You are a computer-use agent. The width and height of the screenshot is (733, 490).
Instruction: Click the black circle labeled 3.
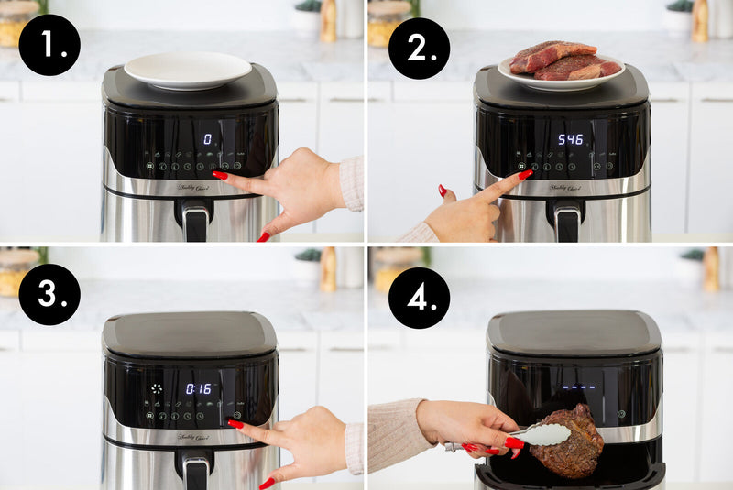(49, 294)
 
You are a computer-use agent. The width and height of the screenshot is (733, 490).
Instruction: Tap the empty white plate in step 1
(187, 69)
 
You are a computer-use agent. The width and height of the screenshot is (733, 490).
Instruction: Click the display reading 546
(571, 139)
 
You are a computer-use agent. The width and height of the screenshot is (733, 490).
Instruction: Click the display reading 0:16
(199, 388)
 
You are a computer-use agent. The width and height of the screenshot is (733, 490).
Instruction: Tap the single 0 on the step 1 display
(207, 139)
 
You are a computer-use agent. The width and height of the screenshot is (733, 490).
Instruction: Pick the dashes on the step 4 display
(579, 386)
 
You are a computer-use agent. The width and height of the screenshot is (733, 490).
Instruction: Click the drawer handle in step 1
(194, 221)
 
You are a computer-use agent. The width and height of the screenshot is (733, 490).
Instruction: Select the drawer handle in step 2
(566, 220)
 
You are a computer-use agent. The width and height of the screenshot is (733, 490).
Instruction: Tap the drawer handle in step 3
(195, 472)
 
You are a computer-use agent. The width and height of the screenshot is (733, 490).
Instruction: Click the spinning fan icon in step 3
(157, 388)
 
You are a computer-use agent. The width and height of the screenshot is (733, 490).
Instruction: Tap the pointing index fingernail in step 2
(525, 174)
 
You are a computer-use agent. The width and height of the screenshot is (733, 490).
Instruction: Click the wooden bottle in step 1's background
(328, 20)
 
